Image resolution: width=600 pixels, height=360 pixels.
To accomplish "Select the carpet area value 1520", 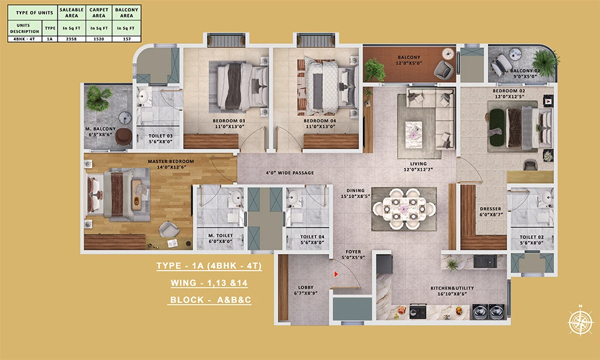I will (97, 38).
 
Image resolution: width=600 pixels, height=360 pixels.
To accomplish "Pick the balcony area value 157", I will (125, 38).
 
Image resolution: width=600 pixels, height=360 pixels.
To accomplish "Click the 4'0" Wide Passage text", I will (290, 173).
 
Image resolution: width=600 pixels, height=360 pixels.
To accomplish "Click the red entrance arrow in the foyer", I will (337, 274).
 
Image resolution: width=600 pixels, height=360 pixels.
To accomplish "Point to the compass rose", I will (580, 320).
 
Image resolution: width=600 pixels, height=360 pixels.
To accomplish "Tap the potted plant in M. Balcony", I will (98, 98).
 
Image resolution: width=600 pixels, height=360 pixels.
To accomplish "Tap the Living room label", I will (418, 164).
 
